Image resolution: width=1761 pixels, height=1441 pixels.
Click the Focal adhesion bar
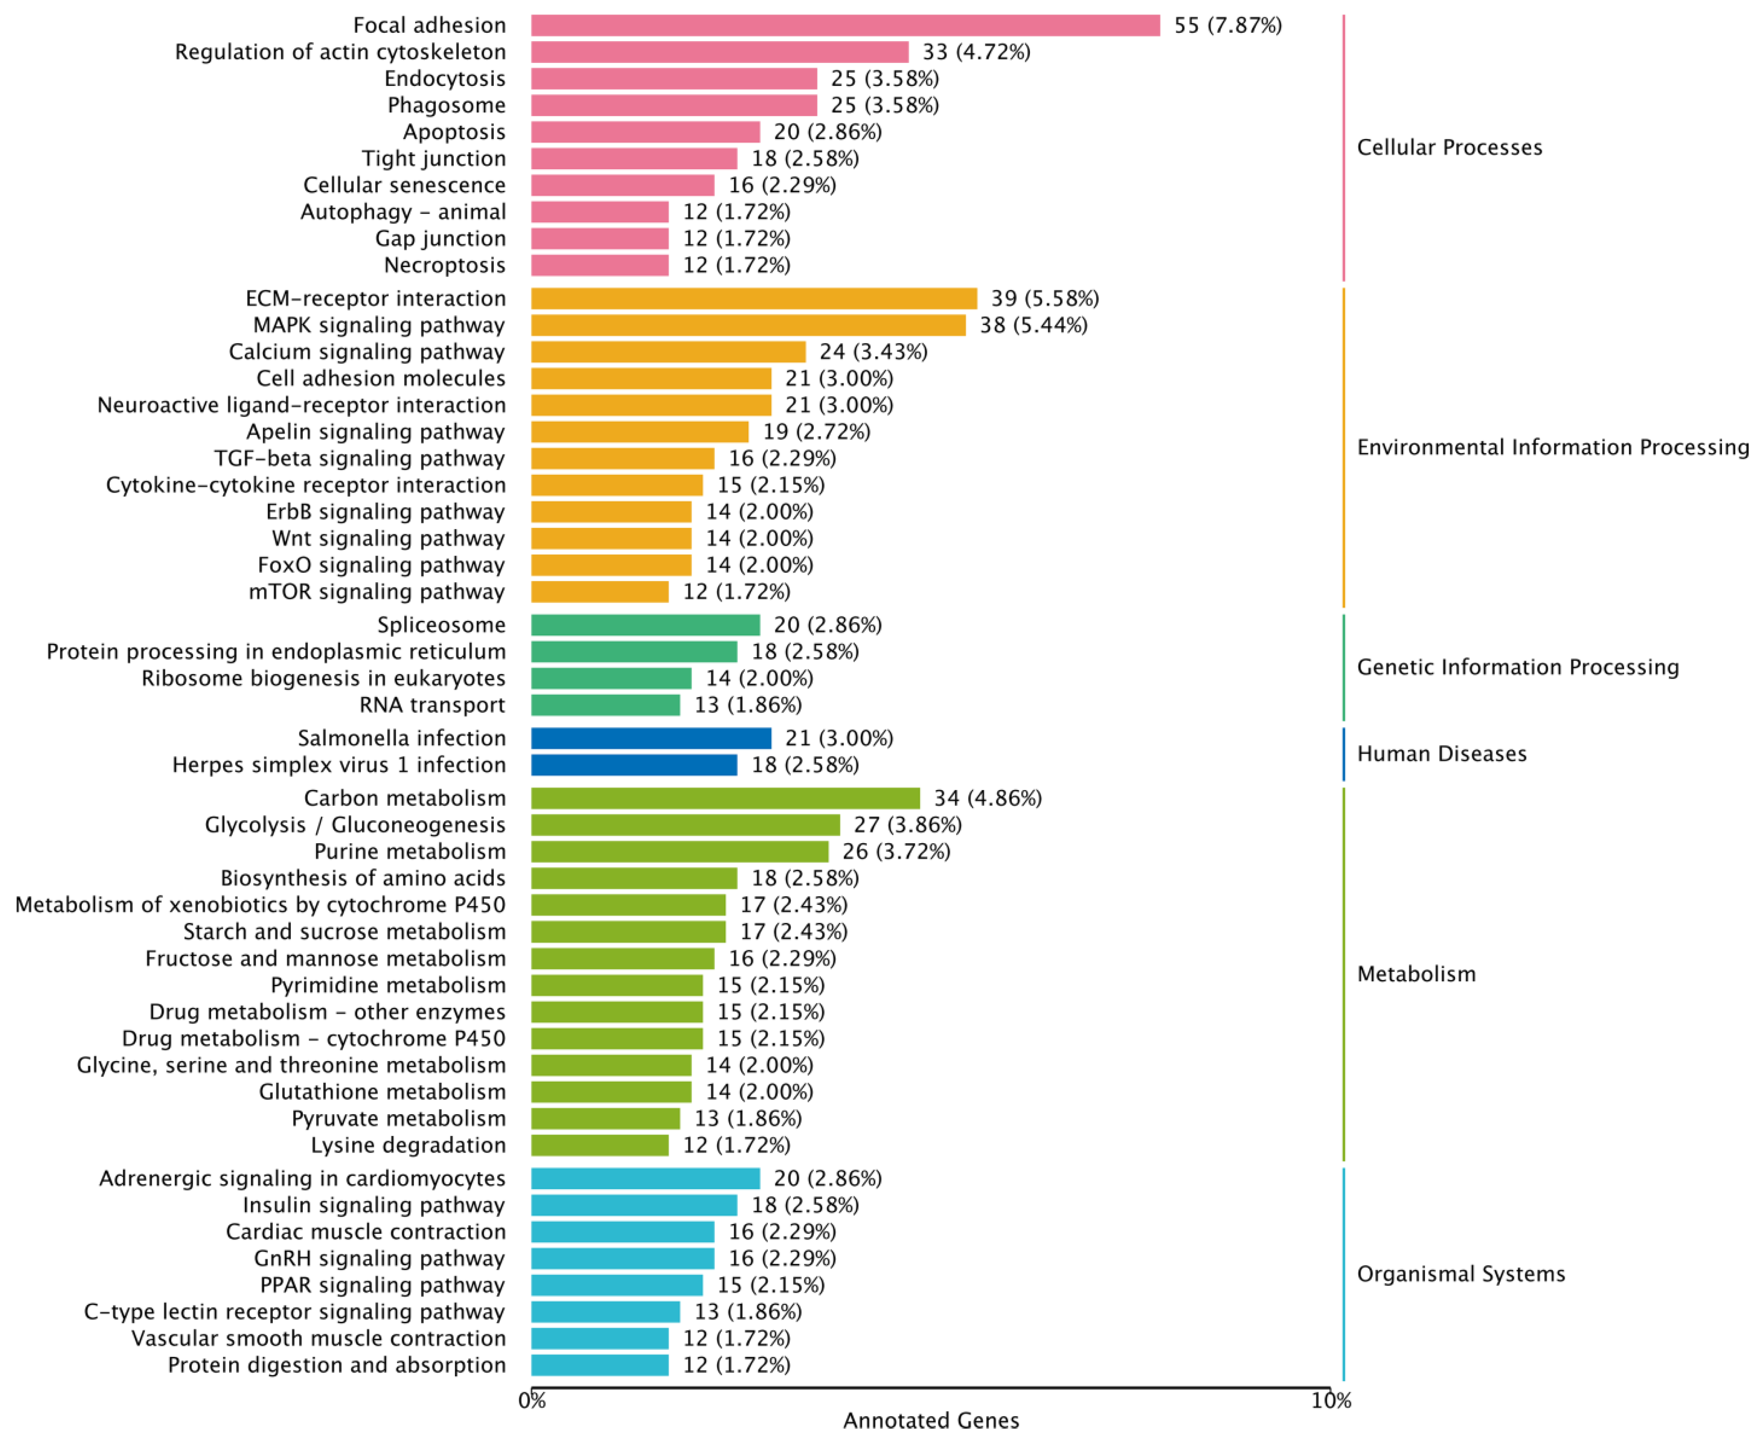point(845,26)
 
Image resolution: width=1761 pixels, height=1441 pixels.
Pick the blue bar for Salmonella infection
point(650,739)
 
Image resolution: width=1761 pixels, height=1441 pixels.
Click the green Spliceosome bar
point(645,625)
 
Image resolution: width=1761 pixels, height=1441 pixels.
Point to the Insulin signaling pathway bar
point(633,1205)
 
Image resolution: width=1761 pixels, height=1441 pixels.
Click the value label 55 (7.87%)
point(1227,26)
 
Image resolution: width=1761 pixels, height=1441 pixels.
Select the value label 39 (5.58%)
point(1045,299)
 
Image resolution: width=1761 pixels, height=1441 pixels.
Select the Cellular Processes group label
point(1449,148)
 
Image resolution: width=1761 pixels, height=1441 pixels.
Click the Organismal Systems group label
point(1461,1274)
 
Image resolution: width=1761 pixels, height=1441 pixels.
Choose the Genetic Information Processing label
point(1517,667)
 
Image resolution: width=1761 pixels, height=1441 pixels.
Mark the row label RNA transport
point(432,705)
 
